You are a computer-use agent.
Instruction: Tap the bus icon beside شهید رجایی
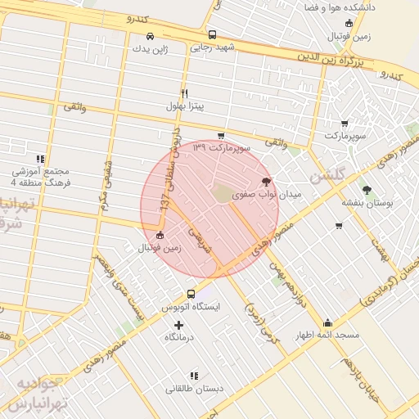(213, 35)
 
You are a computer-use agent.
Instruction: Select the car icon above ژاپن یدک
(150, 36)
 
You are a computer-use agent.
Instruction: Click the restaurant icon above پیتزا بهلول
(184, 93)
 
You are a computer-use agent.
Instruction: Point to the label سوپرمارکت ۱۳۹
(219, 148)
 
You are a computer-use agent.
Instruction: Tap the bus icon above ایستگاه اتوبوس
(191, 294)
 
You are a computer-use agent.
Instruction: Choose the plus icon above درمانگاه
(179, 325)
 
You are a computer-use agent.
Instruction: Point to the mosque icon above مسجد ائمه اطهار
(328, 322)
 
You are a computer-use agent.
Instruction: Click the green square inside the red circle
(223, 193)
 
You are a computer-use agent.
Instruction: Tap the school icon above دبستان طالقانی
(194, 374)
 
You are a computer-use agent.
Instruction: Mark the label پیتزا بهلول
(186, 106)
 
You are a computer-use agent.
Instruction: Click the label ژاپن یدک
(150, 48)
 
